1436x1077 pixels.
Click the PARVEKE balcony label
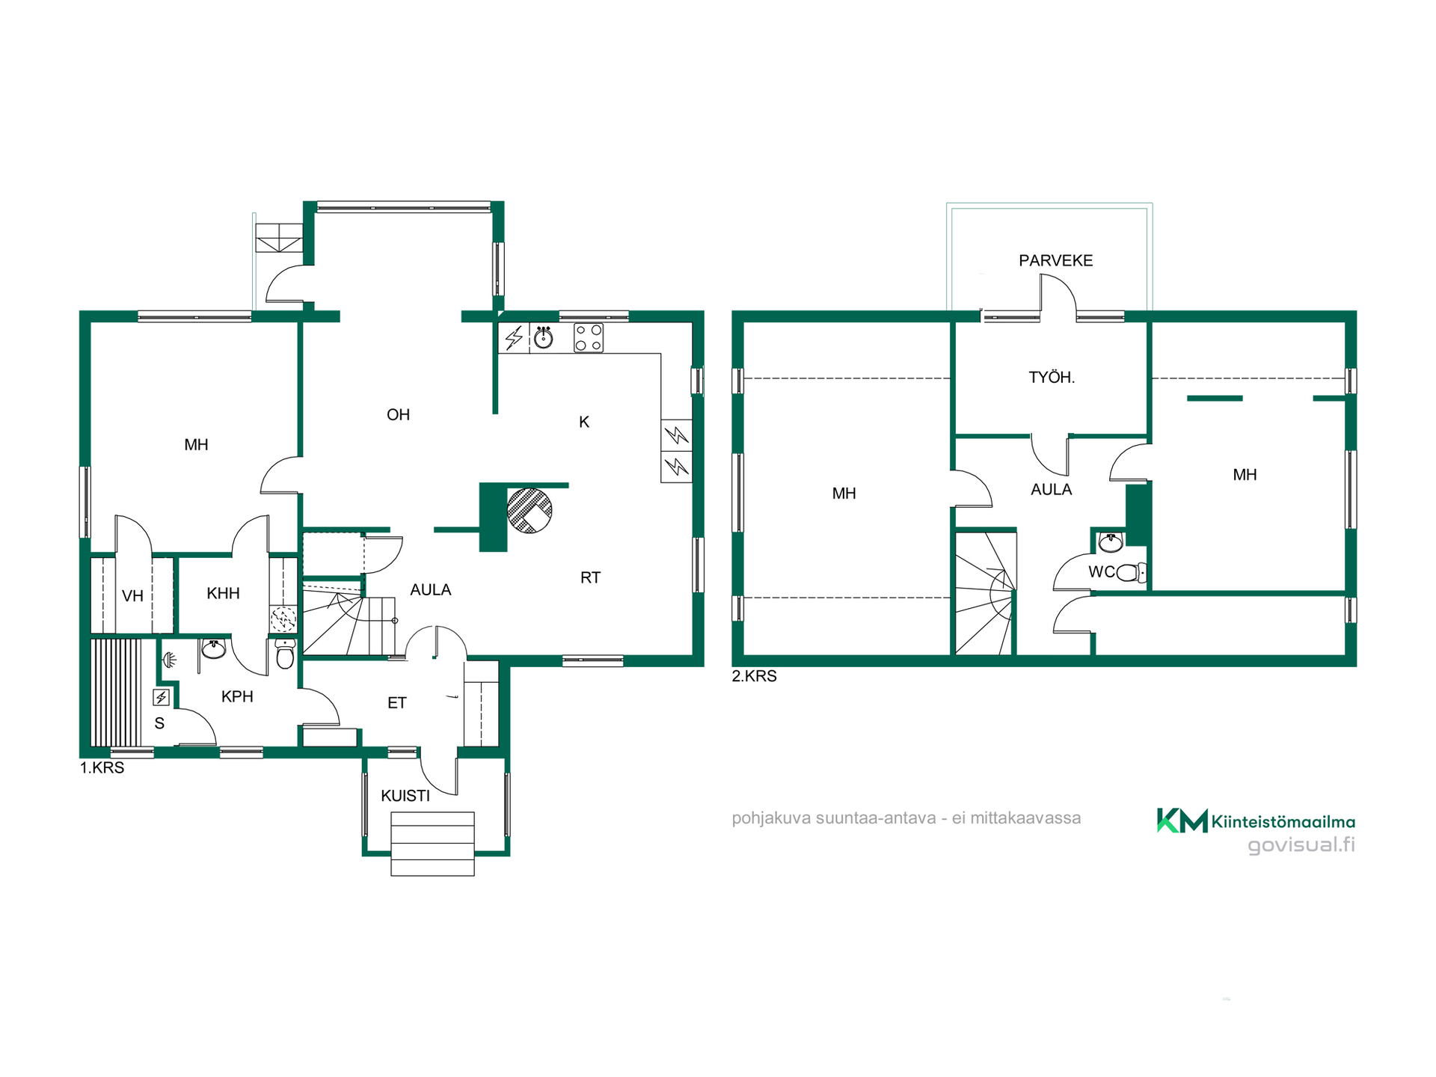[x=1055, y=260]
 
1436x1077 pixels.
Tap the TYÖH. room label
[x=1052, y=378]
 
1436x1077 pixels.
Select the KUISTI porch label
[x=405, y=796]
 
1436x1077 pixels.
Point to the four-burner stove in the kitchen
[x=589, y=337]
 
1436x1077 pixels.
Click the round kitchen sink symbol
[x=544, y=338]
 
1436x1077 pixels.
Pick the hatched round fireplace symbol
[x=530, y=510]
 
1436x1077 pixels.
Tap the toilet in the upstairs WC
[x=1131, y=573]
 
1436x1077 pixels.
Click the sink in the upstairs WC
[x=1111, y=541]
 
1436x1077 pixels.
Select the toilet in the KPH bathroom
[x=285, y=654]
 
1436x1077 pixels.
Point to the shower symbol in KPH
[x=171, y=660]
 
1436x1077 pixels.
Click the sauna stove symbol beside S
[x=161, y=698]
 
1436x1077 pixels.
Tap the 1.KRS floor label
[x=102, y=768]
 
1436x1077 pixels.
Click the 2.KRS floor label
[x=754, y=676]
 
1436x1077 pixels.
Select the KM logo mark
[x=1182, y=820]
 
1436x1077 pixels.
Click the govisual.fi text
[x=1301, y=845]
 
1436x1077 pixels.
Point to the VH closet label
[x=132, y=596]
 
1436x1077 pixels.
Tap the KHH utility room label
[x=223, y=594]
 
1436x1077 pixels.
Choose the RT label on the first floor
[x=590, y=577]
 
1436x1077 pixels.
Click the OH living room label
[x=398, y=415]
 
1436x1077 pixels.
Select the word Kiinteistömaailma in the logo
[x=1283, y=822]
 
